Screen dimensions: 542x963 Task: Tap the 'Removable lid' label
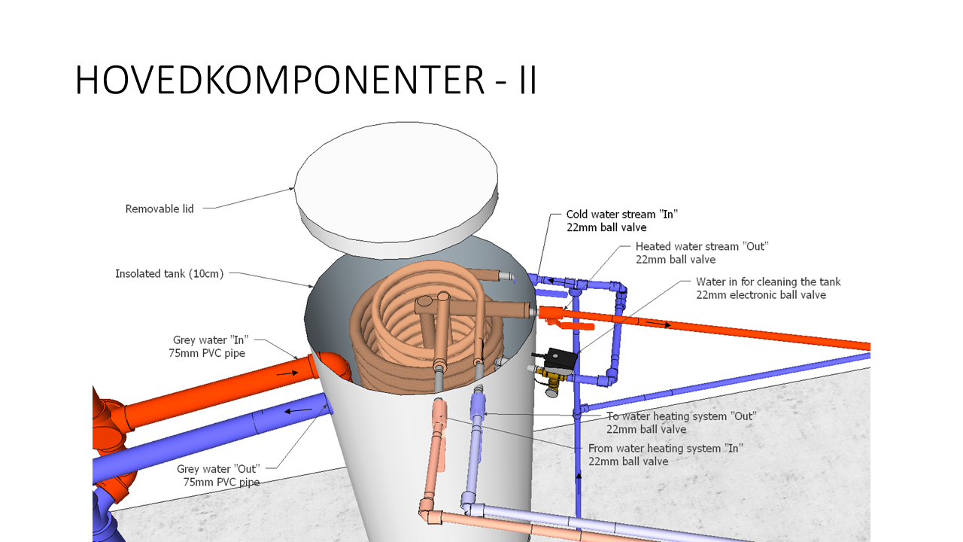point(159,209)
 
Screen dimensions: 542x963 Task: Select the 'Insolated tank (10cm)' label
point(169,273)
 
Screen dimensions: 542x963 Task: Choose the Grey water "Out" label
point(219,475)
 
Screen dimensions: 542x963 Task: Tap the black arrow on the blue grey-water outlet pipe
point(298,410)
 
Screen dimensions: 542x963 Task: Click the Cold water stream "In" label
point(622,221)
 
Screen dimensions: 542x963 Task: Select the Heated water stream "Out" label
point(701,252)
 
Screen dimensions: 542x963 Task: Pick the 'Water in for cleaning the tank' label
point(767,288)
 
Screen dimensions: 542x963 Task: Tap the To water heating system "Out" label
point(681,422)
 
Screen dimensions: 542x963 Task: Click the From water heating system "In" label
point(665,454)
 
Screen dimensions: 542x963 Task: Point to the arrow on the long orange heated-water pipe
point(657,324)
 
